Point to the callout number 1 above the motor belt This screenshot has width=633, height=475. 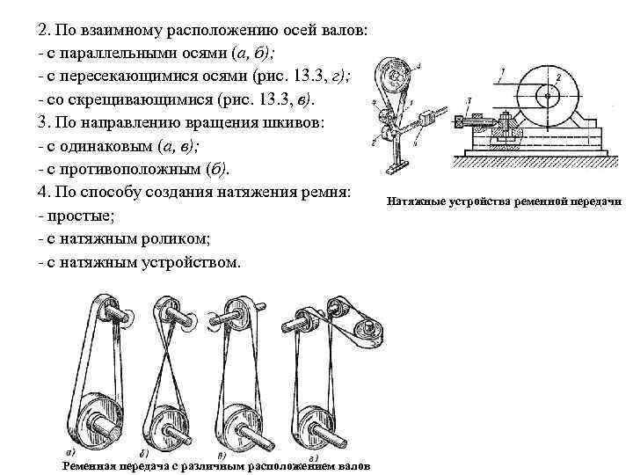pyautogui.click(x=502, y=69)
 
